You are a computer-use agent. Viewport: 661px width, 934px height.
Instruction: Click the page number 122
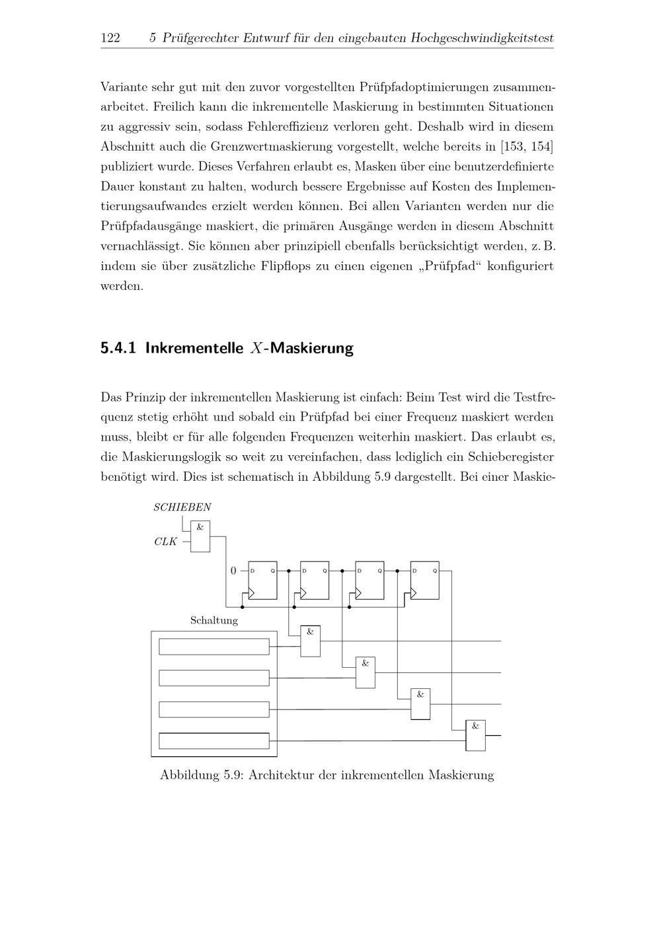pyautogui.click(x=110, y=38)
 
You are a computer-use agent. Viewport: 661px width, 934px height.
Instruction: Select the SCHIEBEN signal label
pyautogui.click(x=182, y=507)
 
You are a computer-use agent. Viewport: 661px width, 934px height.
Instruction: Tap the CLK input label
pyautogui.click(x=165, y=542)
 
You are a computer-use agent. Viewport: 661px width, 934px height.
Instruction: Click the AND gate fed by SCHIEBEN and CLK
pyautogui.click(x=200, y=536)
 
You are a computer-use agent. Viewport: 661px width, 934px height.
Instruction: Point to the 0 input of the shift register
pyautogui.click(x=233, y=571)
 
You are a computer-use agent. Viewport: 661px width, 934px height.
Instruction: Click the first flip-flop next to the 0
pyautogui.click(x=262, y=581)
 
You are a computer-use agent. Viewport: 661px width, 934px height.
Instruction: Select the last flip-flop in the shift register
pyautogui.click(x=424, y=581)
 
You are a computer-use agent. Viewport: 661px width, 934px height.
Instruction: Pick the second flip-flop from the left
pyautogui.click(x=315, y=581)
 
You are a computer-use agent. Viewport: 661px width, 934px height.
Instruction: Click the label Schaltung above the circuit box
pyautogui.click(x=214, y=620)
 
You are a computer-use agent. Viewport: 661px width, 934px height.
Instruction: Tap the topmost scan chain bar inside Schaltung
pyautogui.click(x=214, y=646)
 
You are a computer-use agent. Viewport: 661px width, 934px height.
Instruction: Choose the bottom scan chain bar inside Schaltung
pyautogui.click(x=214, y=740)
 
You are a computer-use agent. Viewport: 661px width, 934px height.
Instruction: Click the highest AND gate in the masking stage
pyautogui.click(x=310, y=641)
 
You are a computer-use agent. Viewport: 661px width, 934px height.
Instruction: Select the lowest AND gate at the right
pyautogui.click(x=475, y=735)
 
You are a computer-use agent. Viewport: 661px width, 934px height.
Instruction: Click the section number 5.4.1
pyautogui.click(x=118, y=348)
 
